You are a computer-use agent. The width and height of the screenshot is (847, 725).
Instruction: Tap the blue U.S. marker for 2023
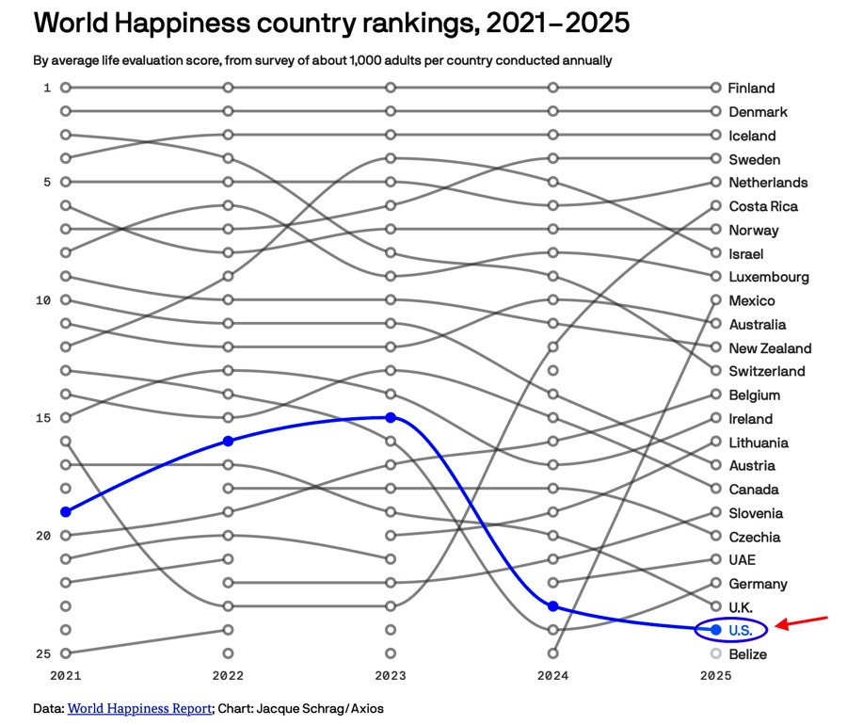(x=391, y=417)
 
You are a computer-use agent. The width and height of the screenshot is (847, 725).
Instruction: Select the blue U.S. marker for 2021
(x=66, y=511)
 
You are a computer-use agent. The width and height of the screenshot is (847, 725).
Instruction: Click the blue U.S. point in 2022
(x=228, y=441)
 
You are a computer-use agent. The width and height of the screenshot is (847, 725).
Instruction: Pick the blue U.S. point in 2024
(x=553, y=605)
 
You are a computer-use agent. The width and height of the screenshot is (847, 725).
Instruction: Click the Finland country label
(x=751, y=89)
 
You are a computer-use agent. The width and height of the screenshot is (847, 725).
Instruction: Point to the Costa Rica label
(x=762, y=206)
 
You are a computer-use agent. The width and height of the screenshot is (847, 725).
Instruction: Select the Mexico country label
(x=751, y=300)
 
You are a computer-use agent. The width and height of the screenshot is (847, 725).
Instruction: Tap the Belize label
(x=747, y=654)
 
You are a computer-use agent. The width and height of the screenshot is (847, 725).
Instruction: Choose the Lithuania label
(x=758, y=443)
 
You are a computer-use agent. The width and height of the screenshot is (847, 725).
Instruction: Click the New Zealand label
(x=769, y=348)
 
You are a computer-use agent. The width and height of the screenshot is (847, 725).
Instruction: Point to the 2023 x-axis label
(x=391, y=676)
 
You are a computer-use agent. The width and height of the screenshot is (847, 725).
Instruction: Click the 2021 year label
(x=66, y=676)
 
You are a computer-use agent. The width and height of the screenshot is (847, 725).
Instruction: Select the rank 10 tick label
(x=41, y=300)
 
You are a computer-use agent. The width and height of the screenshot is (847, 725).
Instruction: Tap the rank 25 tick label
(x=41, y=653)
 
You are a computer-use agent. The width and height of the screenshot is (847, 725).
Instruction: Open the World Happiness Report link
(x=140, y=708)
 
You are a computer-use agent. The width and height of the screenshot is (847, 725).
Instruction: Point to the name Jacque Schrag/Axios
(x=320, y=708)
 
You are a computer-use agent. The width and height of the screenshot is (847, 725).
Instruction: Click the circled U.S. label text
(x=741, y=630)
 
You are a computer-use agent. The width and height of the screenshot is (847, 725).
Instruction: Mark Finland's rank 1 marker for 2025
(x=716, y=88)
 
